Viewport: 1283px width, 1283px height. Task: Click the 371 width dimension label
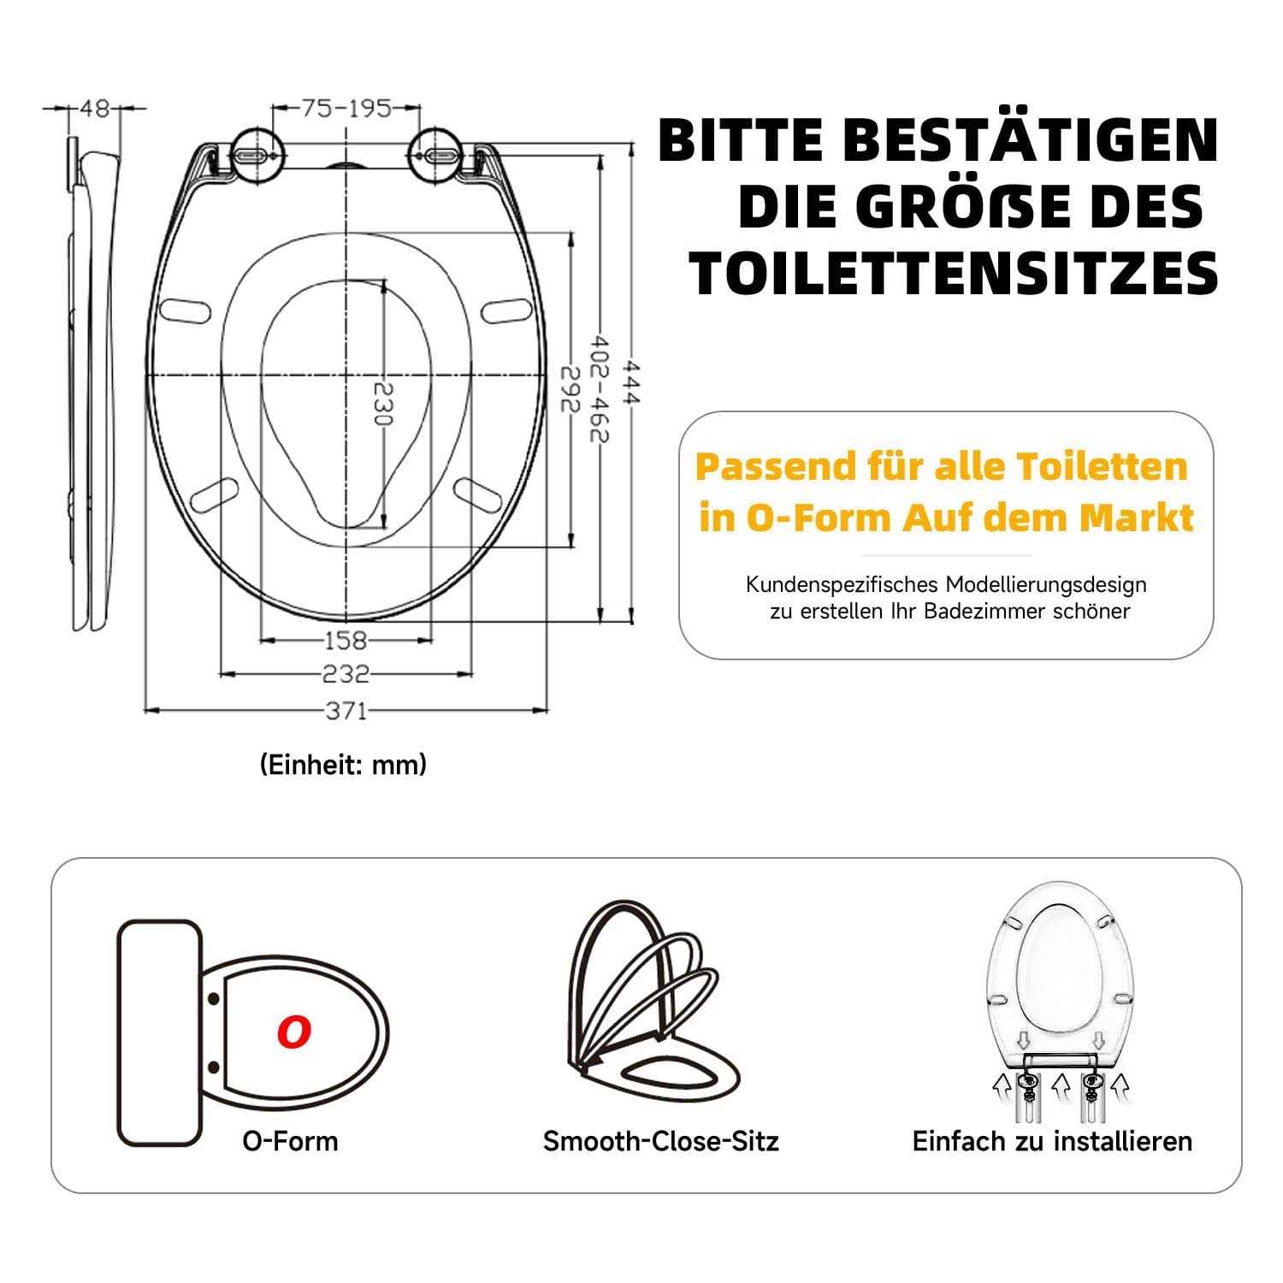[x=346, y=710]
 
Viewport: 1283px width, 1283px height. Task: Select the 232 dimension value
[x=346, y=674]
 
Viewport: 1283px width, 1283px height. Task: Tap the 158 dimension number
[x=346, y=639]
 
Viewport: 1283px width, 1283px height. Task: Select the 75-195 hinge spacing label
[x=346, y=108]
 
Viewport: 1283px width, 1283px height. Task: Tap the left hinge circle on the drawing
[x=255, y=155]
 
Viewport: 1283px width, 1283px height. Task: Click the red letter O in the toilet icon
[x=293, y=1032]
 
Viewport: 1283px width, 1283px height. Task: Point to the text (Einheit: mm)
[x=343, y=764]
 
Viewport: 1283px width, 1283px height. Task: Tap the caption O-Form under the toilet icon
[x=290, y=1140]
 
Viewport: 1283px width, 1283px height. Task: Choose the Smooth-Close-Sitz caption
[x=661, y=1140]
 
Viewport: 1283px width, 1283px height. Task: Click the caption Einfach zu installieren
[x=1052, y=1140]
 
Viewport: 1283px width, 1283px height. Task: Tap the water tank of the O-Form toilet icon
[x=158, y=1032]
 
